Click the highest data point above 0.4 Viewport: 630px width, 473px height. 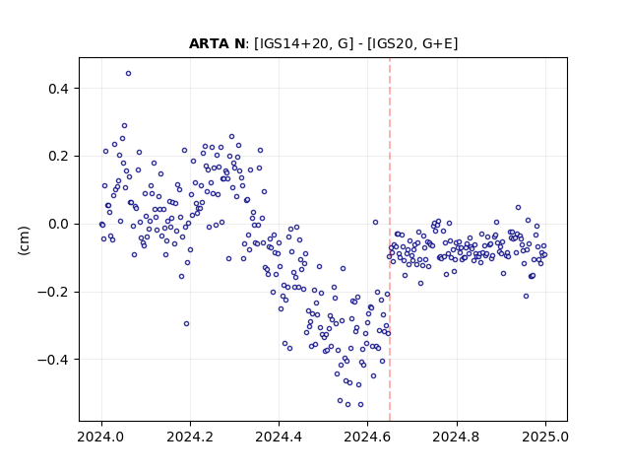128,74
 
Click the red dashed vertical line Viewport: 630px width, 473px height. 390,239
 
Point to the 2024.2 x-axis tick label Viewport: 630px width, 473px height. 190,437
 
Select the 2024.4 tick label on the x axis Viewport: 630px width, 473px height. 279,437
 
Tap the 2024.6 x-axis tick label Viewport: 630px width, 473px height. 367,437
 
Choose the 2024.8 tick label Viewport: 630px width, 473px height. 457,437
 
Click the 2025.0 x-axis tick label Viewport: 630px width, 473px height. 545,437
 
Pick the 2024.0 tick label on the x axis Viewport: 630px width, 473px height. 101,437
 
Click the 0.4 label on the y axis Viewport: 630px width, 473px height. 58,89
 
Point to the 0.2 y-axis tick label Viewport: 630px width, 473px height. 58,156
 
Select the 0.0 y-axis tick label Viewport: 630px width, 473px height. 58,224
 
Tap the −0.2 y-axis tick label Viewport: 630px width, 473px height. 53,292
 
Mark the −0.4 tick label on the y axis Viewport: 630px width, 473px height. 53,360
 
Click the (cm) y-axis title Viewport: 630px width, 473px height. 24,240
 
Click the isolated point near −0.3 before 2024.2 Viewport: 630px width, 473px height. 186,324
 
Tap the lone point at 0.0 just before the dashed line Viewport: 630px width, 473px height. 375,223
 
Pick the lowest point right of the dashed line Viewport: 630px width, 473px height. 526,297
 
